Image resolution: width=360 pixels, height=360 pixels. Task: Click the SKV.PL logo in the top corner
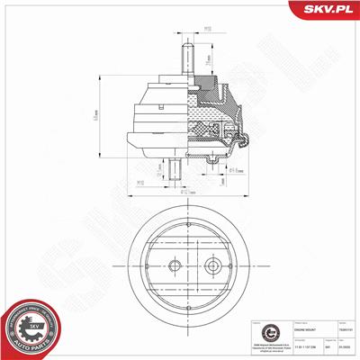[327, 11]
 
